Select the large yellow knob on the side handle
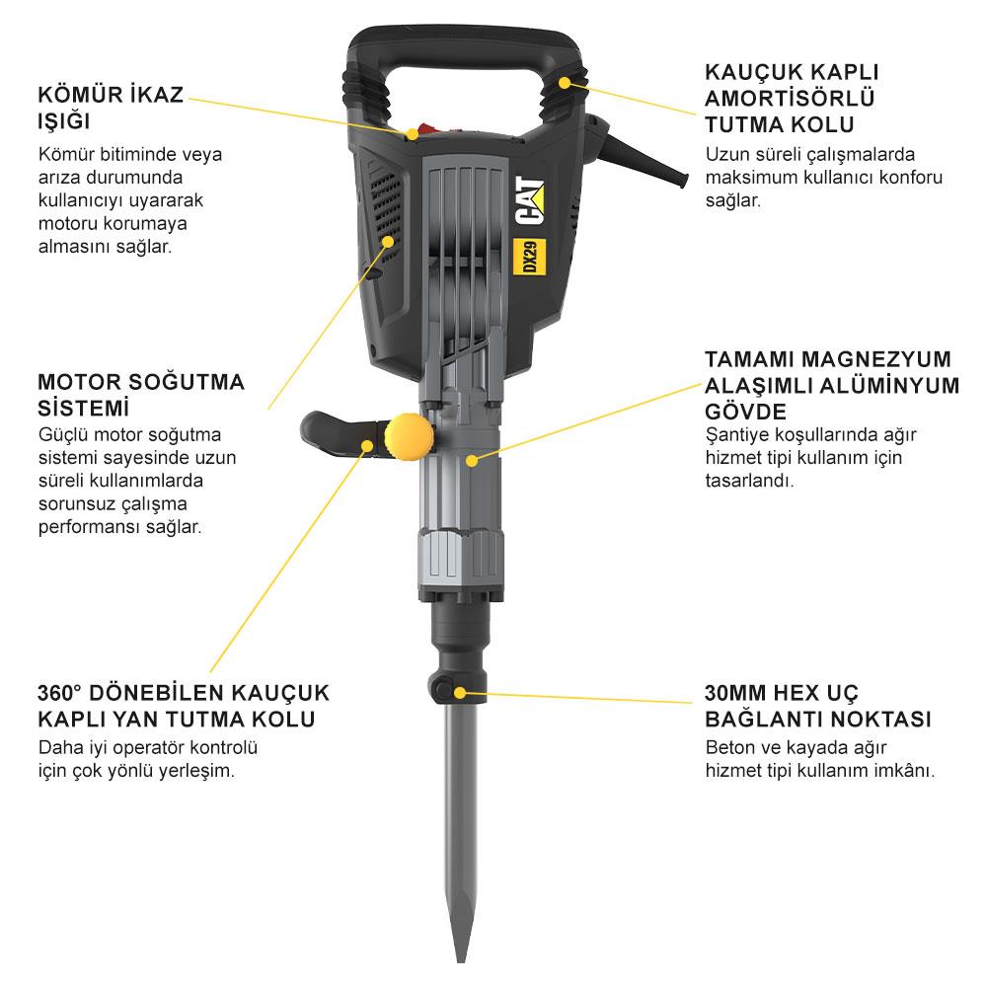[410, 436]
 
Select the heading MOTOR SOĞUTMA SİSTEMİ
[140, 395]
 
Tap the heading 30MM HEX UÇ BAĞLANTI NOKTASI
[818, 705]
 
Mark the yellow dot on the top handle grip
[565, 83]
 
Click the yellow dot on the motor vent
[388, 241]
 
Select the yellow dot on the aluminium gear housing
[473, 459]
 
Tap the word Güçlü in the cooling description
[62, 435]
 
